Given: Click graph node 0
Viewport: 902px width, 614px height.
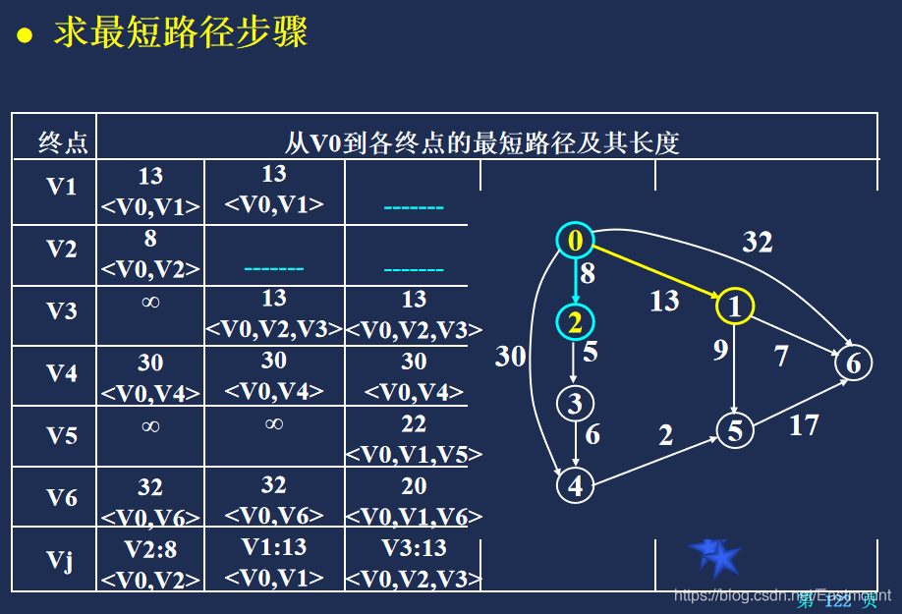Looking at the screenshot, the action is [x=576, y=241].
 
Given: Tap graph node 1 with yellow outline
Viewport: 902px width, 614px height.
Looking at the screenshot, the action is [x=734, y=306].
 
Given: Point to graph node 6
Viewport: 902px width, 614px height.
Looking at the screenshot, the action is [x=853, y=363].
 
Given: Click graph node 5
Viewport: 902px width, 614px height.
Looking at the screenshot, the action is [x=734, y=430].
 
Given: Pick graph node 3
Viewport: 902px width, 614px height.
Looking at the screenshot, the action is [x=576, y=403].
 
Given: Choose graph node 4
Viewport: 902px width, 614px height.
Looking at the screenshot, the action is [x=576, y=484].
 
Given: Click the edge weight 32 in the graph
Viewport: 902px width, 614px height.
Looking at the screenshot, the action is [x=757, y=242].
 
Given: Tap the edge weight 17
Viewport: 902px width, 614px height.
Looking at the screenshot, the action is [x=804, y=425].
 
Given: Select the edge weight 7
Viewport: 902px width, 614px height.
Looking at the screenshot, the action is [x=781, y=355].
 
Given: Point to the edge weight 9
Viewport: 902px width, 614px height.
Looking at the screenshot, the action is [x=720, y=349].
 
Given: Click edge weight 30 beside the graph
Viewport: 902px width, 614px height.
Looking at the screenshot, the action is [x=510, y=356].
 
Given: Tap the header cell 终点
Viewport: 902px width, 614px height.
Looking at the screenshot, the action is [x=63, y=143].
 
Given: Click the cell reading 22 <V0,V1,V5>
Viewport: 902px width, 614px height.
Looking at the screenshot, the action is [x=414, y=438].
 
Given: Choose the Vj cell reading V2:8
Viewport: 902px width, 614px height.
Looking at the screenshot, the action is [x=150, y=563].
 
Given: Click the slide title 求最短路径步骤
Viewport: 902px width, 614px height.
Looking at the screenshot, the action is [x=181, y=32].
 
